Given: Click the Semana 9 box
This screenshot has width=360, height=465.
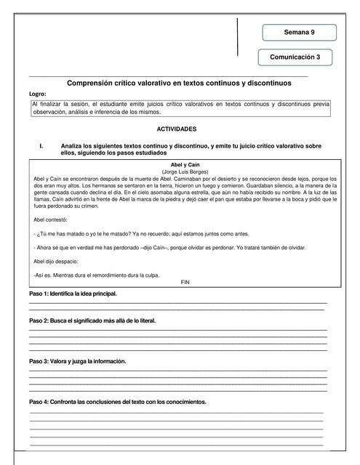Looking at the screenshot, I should point(299,33).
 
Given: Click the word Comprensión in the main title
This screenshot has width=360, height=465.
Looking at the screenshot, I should point(92,84).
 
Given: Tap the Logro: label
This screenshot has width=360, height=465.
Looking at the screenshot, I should point(38,94).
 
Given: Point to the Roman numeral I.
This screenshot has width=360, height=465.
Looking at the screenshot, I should point(42,145).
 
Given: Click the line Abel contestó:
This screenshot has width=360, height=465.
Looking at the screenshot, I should point(51,219).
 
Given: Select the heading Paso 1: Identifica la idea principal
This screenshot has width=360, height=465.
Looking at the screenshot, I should point(73,294).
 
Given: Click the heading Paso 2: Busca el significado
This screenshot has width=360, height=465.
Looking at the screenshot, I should point(92,320).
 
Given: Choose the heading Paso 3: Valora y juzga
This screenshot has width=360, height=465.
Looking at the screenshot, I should point(78,361).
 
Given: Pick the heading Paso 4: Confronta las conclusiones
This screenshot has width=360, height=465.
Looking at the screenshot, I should point(118,402).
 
